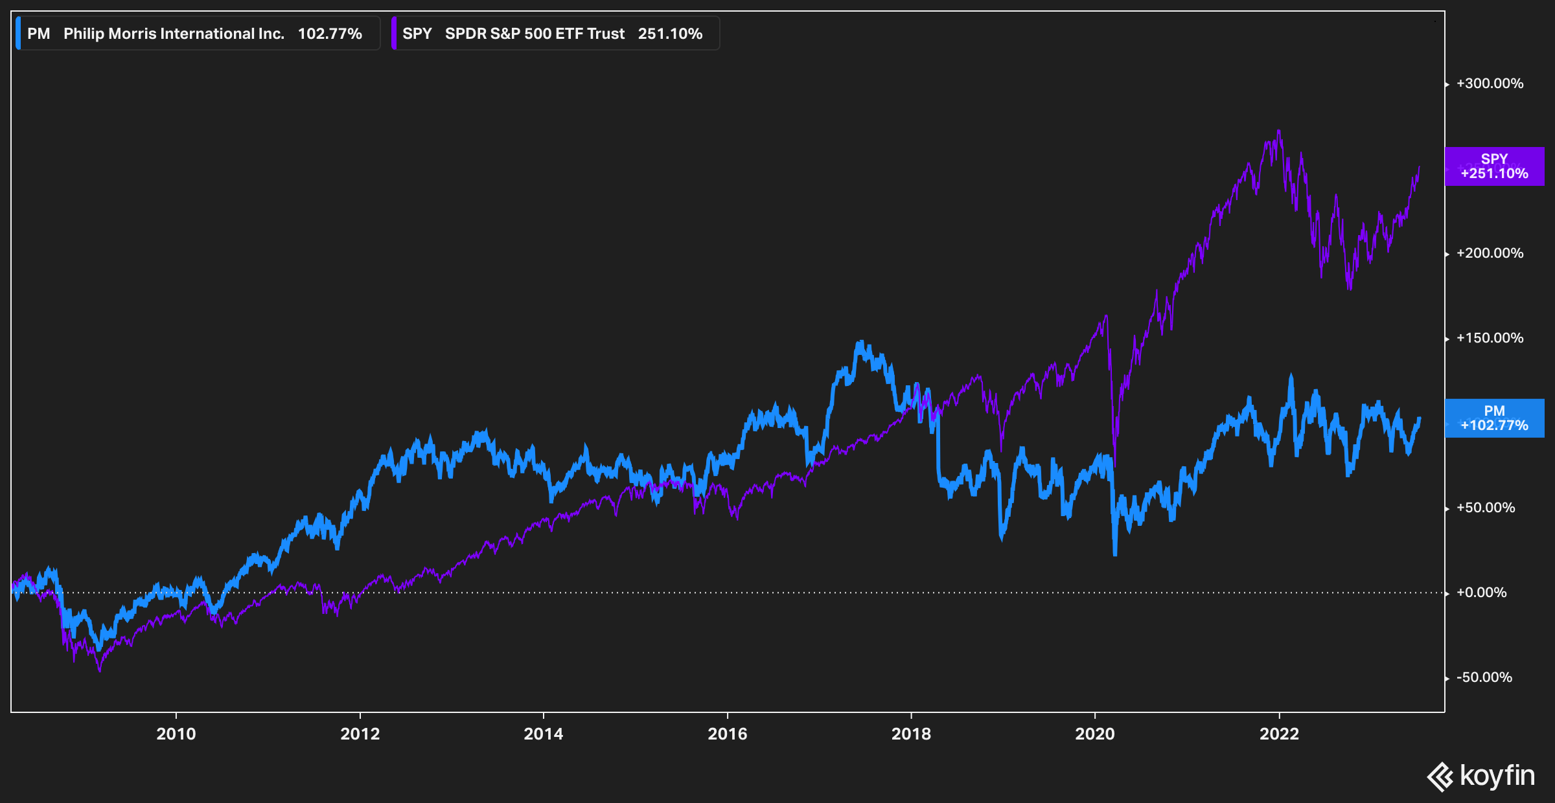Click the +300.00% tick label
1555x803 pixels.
coord(1490,84)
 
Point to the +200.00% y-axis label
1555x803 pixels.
coord(1490,253)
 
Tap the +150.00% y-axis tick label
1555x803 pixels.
coord(1490,338)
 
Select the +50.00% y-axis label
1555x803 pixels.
coord(1485,508)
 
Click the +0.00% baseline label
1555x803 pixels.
coord(1481,593)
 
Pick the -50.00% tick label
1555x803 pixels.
coord(1484,677)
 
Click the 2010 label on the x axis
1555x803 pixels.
coord(176,734)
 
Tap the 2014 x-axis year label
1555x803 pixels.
coord(543,734)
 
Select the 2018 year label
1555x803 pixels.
coord(911,734)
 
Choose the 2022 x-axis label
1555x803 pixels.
coord(1279,734)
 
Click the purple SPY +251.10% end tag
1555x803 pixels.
coord(1494,166)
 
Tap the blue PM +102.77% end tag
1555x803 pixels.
coord(1494,418)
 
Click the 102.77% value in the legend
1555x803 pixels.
coord(330,34)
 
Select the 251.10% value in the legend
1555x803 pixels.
coord(670,34)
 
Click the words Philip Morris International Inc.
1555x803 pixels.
coord(174,34)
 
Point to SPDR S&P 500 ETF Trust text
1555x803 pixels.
coord(535,34)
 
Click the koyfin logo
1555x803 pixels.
coord(1481,776)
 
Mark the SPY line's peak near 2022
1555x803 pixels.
coord(1279,131)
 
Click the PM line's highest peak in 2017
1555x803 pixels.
coord(861,341)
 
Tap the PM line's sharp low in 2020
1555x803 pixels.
coord(1115,554)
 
